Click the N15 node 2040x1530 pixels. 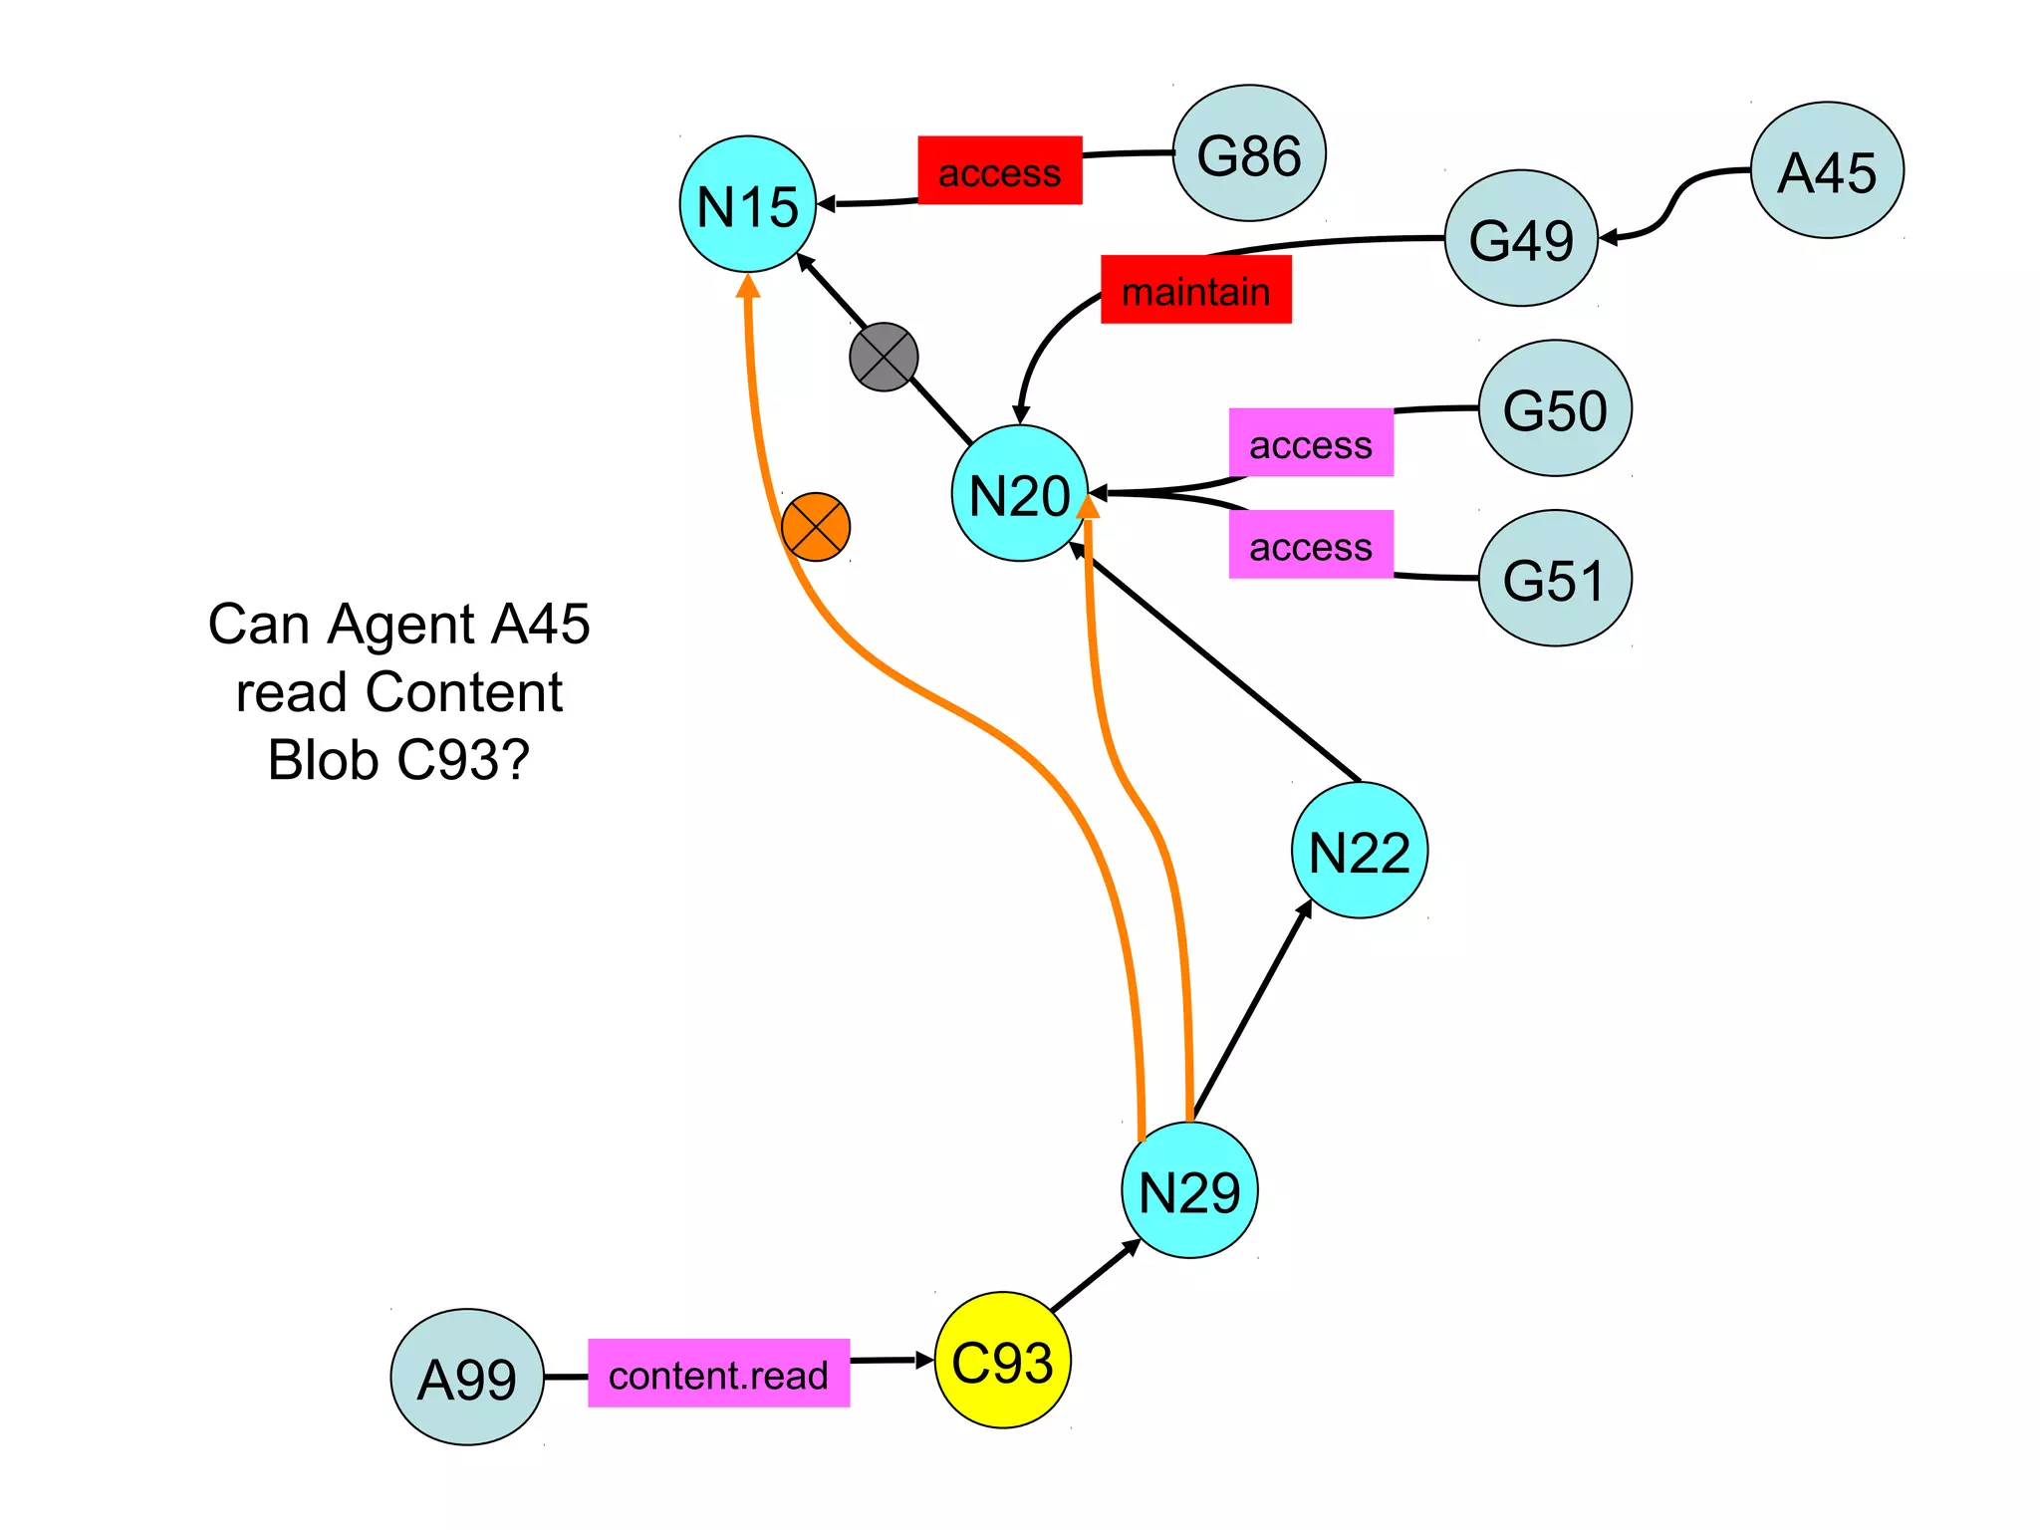coord(747,204)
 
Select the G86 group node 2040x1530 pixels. coord(1249,153)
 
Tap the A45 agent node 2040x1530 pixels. coord(1827,170)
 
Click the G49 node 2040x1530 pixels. coord(1521,238)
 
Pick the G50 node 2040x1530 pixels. coord(1555,408)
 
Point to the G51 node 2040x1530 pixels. coord(1555,579)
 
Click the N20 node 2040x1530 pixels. coord(1020,494)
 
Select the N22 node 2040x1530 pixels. coord(1360,851)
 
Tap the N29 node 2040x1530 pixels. coord(1189,1190)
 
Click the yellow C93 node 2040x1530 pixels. coord(1003,1361)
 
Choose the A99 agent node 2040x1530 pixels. coord(467,1378)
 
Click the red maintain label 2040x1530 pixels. coord(1195,290)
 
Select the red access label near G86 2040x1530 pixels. coord(999,171)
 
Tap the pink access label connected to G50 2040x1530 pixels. coord(1310,443)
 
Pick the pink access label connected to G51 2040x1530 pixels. coord(1310,545)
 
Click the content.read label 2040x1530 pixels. coord(718,1374)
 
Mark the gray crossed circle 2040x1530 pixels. coord(884,357)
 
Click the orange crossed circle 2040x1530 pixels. coord(816,527)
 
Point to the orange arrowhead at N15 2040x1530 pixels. coord(748,287)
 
